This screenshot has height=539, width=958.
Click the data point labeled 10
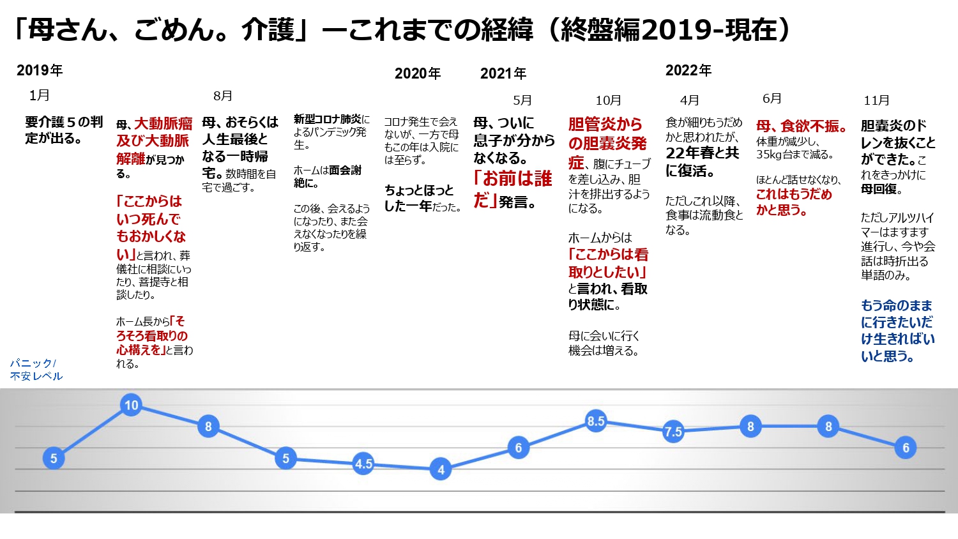[131, 405]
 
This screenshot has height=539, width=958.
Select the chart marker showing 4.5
[363, 464]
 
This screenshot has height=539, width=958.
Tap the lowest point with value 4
[441, 470]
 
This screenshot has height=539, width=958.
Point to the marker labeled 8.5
[596, 421]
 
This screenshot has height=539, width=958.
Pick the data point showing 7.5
[673, 432]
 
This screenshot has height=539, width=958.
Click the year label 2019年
[40, 70]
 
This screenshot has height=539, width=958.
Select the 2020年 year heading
[418, 73]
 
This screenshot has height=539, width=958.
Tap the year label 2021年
[503, 73]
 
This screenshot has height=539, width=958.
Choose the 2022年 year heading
[688, 70]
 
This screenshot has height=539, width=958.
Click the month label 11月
[876, 100]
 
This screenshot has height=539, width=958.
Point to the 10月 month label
[608, 100]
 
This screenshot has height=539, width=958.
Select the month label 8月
[223, 96]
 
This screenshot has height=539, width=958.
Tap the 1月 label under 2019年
[40, 95]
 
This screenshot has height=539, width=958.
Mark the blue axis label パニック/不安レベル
[36, 370]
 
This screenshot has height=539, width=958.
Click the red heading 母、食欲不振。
[802, 126]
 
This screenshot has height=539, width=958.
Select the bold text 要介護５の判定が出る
[64, 130]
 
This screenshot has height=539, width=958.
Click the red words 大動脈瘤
[163, 123]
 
